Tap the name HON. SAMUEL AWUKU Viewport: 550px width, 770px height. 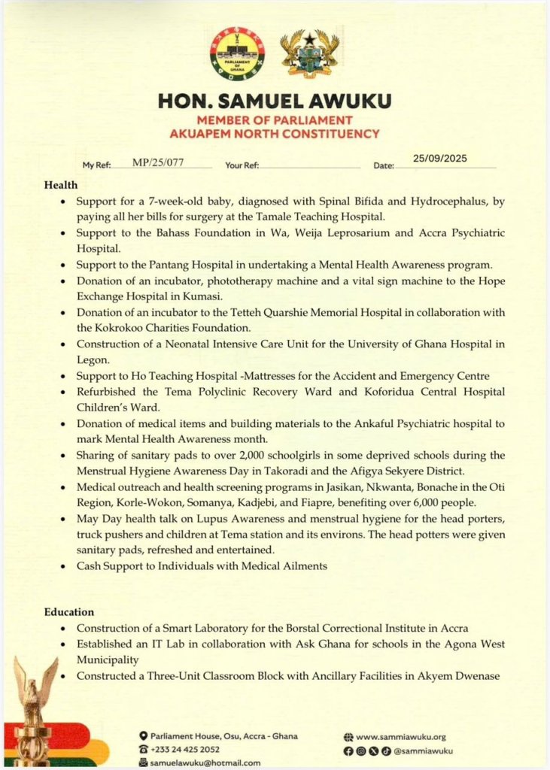pos(274,102)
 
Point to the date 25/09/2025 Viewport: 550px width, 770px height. pos(441,158)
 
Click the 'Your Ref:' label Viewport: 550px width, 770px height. pos(242,165)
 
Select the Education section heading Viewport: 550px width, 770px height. pos(68,612)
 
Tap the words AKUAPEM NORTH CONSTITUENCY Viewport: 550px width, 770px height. pos(274,134)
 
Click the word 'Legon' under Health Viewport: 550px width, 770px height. pos(92,360)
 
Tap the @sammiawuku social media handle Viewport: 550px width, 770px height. pos(424,750)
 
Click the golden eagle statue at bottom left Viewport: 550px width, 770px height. pos(34,699)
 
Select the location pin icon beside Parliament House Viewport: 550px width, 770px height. pos(143,735)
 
